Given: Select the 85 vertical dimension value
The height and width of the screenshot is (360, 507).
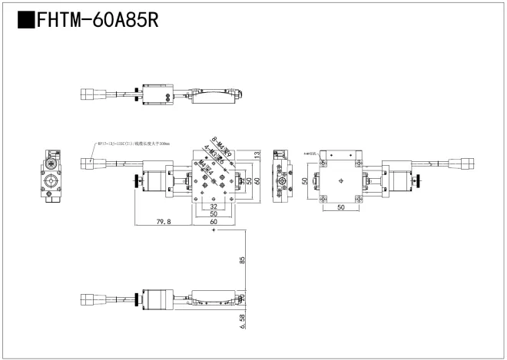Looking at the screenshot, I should pos(242,259).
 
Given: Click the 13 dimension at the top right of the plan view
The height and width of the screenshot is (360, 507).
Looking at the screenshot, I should pos(257,156).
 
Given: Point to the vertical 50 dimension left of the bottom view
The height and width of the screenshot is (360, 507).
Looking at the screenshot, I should pos(304,181).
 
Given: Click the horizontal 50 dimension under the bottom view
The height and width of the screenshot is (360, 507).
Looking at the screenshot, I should pos(340,207).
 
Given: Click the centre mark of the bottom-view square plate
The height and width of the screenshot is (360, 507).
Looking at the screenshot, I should pos(340,182).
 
